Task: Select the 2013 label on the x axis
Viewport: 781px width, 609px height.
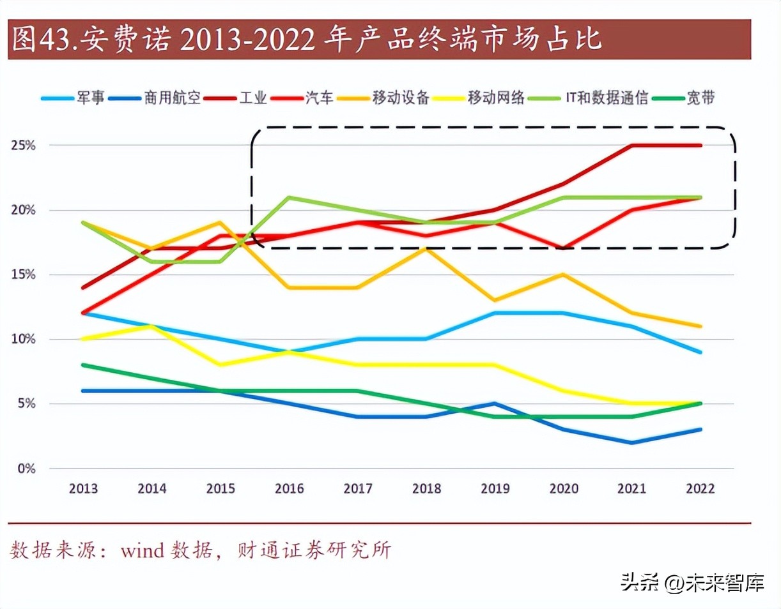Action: pos(83,489)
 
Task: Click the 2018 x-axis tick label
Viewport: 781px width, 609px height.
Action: pos(426,489)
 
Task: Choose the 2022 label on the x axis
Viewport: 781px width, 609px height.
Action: pos(700,489)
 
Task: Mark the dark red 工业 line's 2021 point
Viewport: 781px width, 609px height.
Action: pos(632,146)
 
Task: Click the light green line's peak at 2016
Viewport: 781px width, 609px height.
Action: pos(289,197)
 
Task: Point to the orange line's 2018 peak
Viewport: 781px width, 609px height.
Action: pos(426,249)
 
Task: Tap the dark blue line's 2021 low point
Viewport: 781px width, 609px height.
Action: pos(632,442)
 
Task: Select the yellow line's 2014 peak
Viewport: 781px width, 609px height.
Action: pos(151,326)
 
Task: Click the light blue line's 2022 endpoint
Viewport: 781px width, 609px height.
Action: pos(700,352)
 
